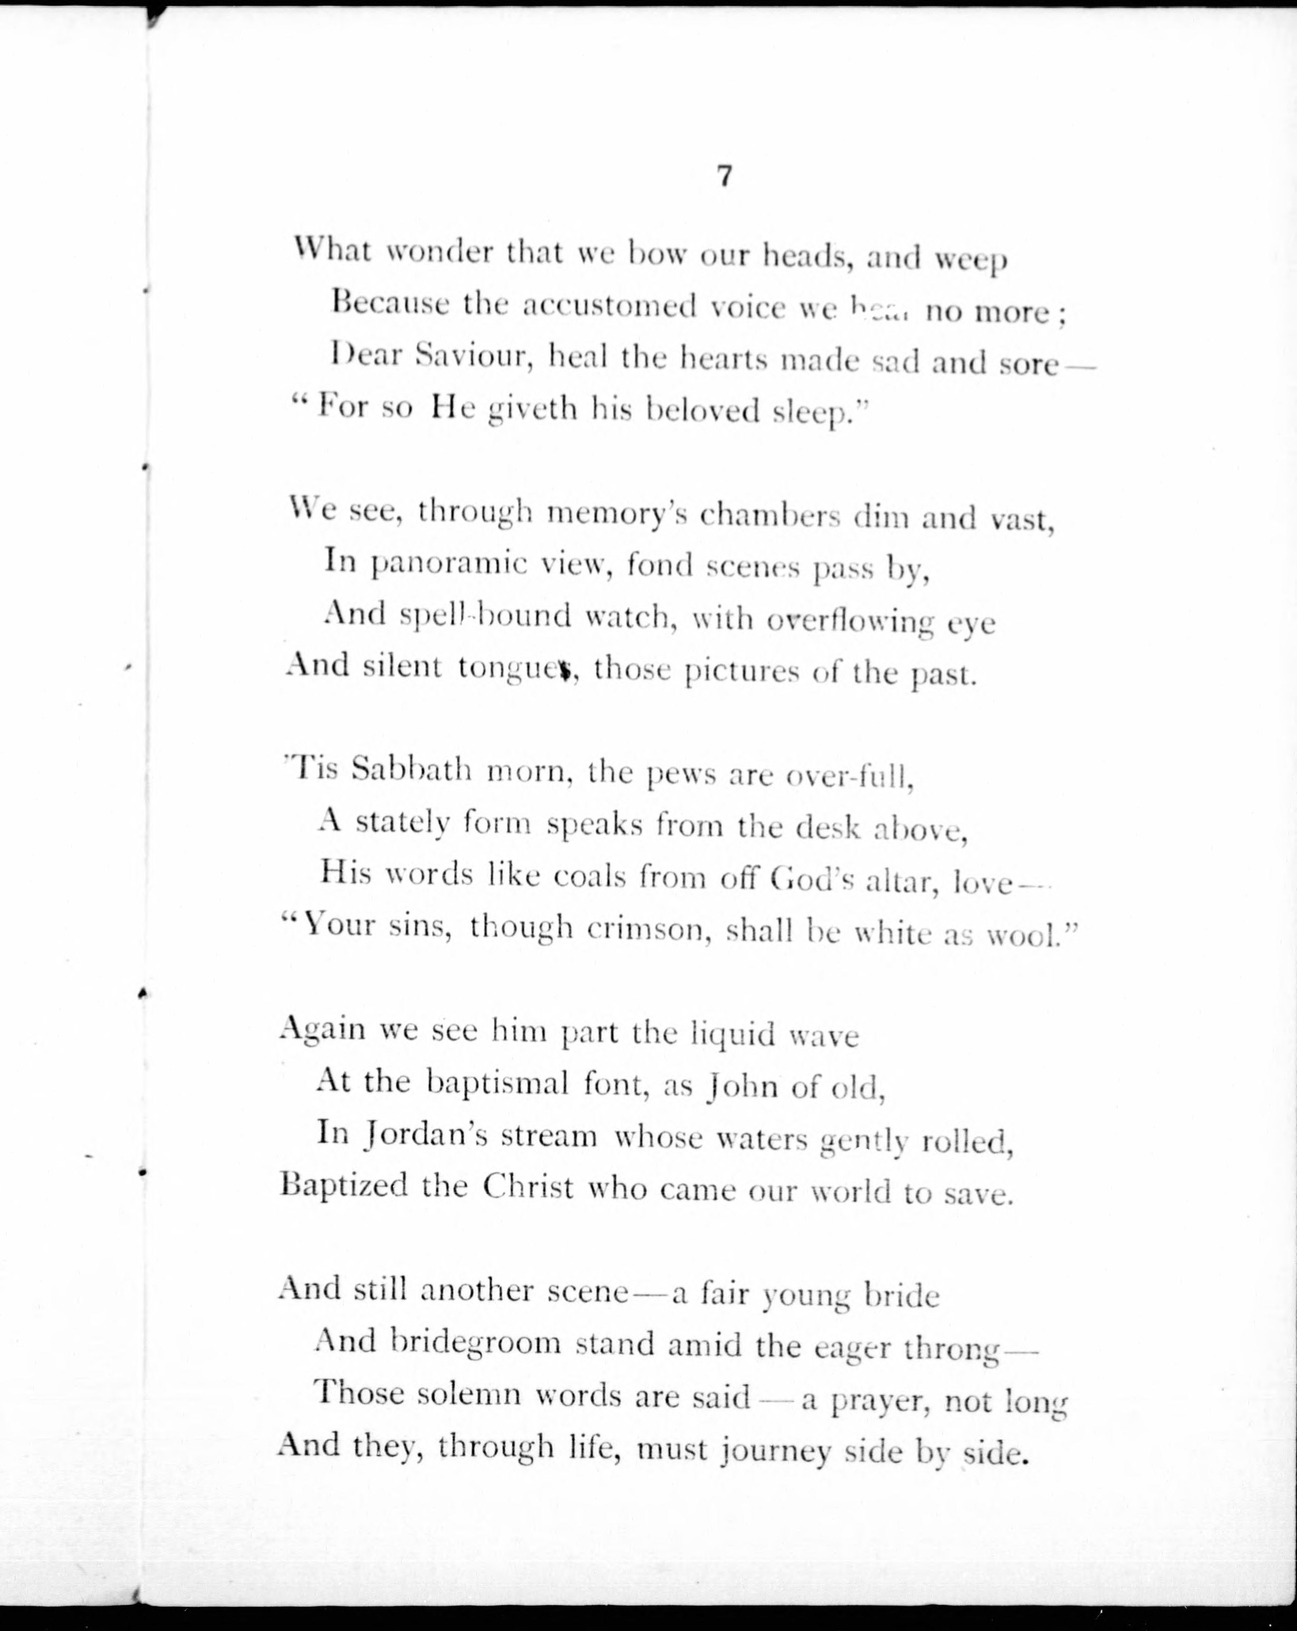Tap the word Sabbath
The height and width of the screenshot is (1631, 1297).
coord(412,771)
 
